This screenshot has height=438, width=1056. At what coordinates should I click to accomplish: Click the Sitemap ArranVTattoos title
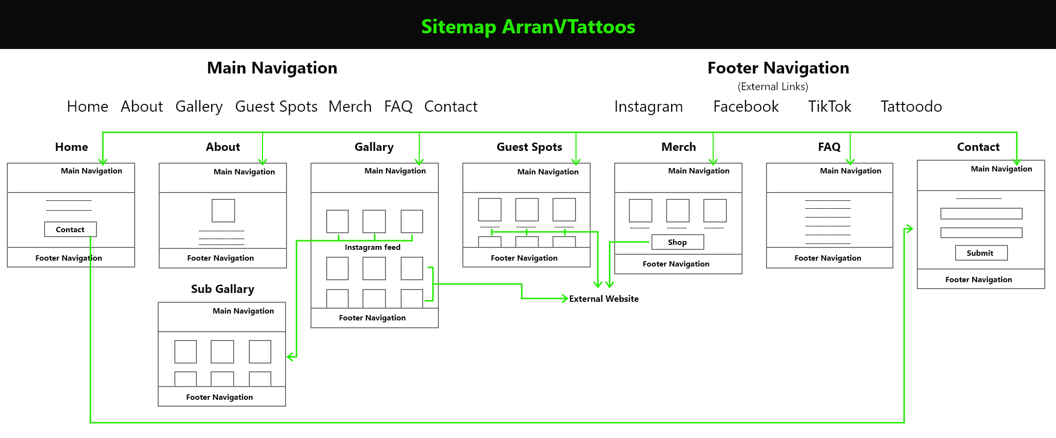coord(528,27)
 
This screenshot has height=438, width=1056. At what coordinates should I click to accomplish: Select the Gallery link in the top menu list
coord(199,107)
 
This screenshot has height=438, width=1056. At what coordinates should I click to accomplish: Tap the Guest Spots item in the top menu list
coord(276,107)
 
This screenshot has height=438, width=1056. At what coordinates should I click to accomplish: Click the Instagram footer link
coord(648,107)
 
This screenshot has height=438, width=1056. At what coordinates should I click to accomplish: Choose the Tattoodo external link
coord(911,106)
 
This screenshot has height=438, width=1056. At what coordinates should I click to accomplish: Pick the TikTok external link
coord(830,106)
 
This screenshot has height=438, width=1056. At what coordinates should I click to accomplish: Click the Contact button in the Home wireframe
coord(71,229)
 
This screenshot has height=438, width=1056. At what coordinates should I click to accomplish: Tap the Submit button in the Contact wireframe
coord(981,253)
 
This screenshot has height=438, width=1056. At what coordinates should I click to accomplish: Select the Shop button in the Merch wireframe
coord(677,242)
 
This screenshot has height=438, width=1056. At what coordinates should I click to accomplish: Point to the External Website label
coord(603,299)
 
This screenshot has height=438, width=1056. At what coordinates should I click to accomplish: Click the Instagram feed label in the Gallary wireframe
coord(372,247)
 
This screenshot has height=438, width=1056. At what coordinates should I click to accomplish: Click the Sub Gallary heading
coord(222,289)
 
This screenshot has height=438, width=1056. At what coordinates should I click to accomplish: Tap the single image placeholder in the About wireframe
coord(223,211)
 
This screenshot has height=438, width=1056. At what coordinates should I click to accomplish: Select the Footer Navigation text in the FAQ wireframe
coord(828,258)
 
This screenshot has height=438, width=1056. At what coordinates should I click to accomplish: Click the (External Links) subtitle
coord(773,87)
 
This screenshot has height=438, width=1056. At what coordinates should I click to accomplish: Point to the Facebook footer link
coord(745,106)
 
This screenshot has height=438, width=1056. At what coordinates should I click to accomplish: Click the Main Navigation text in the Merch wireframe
coord(698,171)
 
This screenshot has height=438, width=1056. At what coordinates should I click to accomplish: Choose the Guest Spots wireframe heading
coord(529,147)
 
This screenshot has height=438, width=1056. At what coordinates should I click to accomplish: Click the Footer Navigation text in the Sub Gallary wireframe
coord(219,397)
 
